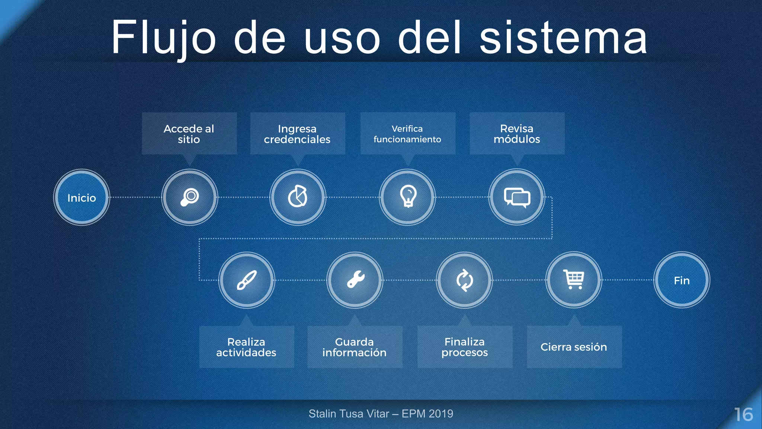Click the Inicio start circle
pos(81,197)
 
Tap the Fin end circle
pos(682,280)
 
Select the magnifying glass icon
pos(190,197)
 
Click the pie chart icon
pos(298,197)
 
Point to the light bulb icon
pos(408,196)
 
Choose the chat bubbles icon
pos(517,197)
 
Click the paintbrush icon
pos(247,280)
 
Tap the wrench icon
pos(355,280)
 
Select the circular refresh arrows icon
pos(464,280)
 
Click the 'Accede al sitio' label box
pos(189,134)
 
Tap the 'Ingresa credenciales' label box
pos(298,134)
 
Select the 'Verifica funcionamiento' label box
pos(408,134)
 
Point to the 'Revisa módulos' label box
pos(517,134)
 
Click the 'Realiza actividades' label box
pos(247,347)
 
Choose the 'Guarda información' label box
pos(355,347)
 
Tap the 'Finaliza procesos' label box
pos(465,347)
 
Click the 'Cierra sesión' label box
pos(574,347)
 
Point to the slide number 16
pos(743,414)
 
